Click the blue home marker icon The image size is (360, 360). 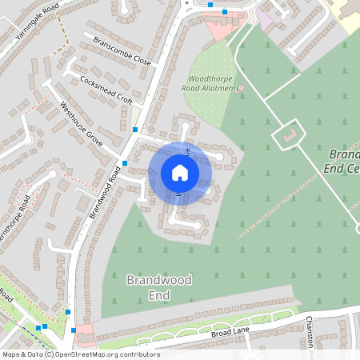180,173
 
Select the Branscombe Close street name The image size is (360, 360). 122,50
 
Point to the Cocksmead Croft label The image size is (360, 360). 106,90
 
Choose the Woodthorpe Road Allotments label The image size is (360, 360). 214,83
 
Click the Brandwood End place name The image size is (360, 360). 148,287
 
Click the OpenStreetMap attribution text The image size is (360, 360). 80,354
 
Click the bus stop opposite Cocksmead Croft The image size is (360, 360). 135,129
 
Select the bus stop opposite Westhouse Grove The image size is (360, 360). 125,162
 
